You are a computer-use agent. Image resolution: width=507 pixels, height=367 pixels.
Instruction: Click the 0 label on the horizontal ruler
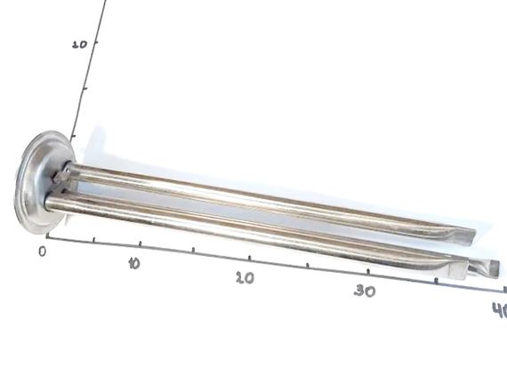43,251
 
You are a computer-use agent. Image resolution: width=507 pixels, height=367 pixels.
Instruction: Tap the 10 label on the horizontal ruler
133,264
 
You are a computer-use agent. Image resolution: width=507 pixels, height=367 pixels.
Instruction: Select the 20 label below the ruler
245,278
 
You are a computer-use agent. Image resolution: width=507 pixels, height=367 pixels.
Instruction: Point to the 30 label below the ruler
365,291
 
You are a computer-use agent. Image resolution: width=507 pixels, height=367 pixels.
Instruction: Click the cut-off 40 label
500,310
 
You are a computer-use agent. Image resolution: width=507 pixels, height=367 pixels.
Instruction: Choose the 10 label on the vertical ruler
79,44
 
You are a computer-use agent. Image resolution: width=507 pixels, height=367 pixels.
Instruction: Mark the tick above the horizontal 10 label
140,243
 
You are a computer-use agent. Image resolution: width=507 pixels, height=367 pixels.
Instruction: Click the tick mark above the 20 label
249,258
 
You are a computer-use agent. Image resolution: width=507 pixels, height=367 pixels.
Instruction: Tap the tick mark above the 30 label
368,272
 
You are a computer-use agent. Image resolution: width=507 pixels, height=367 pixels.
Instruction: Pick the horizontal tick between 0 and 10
93,239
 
